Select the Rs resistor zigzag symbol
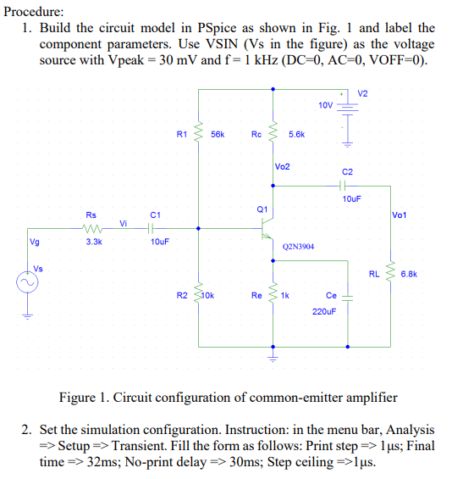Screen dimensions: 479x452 [x=93, y=227]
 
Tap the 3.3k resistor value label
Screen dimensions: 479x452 [x=93, y=242]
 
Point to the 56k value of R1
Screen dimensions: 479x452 [x=218, y=134]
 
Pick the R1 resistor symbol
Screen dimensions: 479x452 [x=199, y=133]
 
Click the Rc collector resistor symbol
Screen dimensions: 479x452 [x=273, y=133]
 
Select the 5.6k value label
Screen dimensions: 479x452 [x=296, y=134]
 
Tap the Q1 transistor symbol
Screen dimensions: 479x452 [x=267, y=227]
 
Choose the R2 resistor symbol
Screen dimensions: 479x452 [x=199, y=295]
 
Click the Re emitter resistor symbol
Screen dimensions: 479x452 [x=273, y=295]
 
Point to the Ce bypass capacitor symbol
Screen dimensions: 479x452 [x=348, y=297]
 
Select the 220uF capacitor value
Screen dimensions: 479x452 [x=324, y=311]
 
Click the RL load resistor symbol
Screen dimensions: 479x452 [x=390, y=273]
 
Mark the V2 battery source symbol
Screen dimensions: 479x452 [x=345, y=107]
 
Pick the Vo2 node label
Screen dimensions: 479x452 [x=283, y=167]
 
